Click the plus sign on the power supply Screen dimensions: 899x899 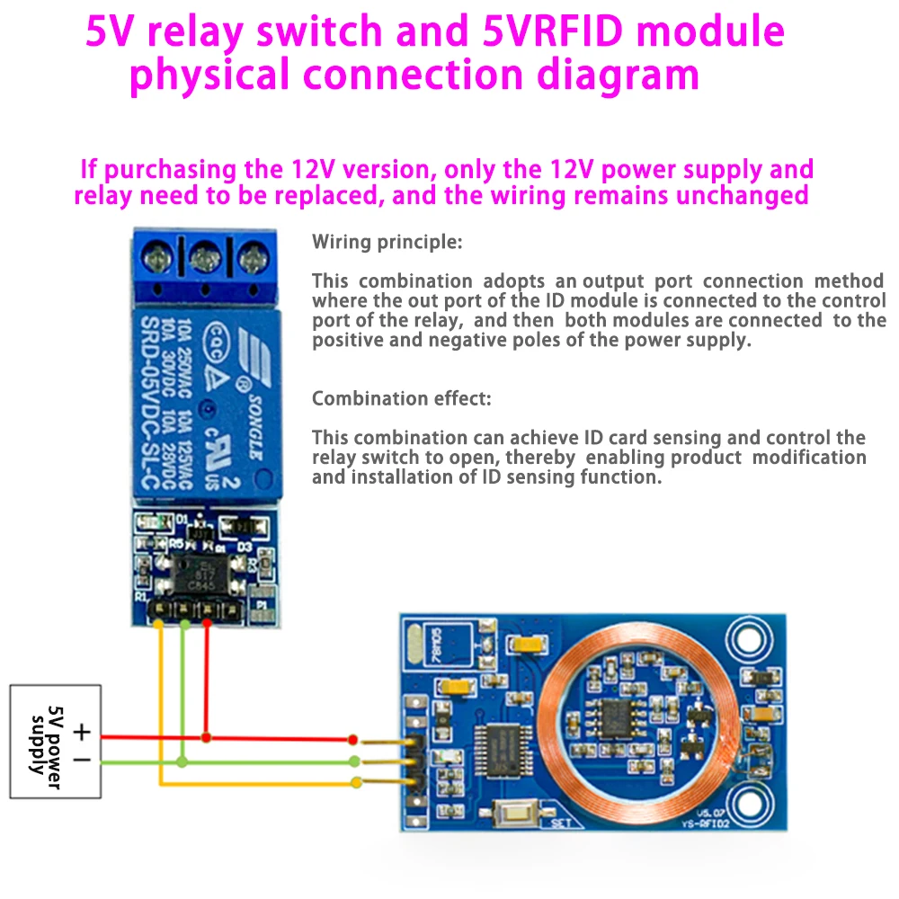82,732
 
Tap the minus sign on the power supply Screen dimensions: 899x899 82,761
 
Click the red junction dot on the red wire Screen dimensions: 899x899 207,737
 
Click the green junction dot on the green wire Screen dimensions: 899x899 182,761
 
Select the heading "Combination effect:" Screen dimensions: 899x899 401,398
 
